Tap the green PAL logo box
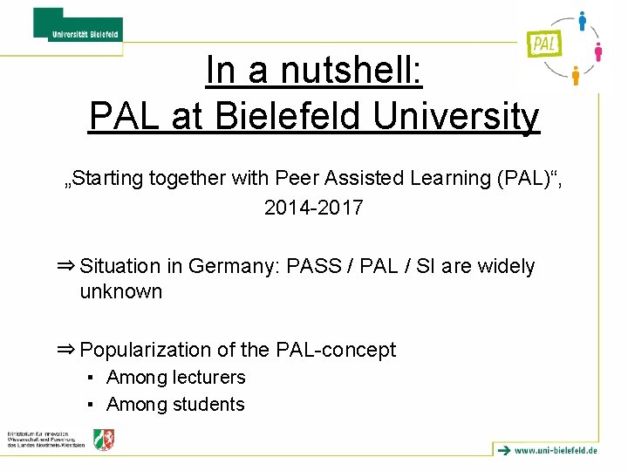coord(543,41)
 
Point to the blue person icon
coord(582,21)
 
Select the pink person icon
coord(598,51)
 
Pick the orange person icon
coord(575,76)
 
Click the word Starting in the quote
coord(109,179)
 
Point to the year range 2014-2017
coord(313,208)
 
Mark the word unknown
coord(121,291)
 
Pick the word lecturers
coord(208,378)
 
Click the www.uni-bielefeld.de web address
coord(556,450)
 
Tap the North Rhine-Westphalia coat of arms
coord(104,440)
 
